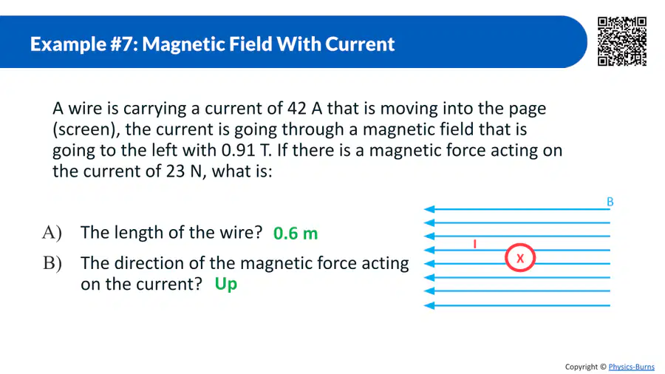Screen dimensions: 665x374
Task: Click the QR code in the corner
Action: coord(621,41)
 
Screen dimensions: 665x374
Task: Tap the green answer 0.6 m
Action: coord(296,234)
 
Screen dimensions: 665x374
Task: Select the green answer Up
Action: coord(225,284)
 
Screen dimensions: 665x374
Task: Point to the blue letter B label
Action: coord(610,202)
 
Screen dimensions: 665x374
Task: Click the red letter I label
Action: coord(475,244)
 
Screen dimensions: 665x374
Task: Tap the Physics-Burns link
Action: coord(632,367)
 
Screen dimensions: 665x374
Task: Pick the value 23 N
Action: coord(184,171)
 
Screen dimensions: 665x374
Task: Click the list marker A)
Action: coord(52,233)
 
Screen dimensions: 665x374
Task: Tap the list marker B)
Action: coord(52,263)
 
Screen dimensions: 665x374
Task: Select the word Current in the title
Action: coord(360,44)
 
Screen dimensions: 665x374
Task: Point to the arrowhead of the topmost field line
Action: coord(429,209)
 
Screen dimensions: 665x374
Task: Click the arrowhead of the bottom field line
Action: coord(429,305)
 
